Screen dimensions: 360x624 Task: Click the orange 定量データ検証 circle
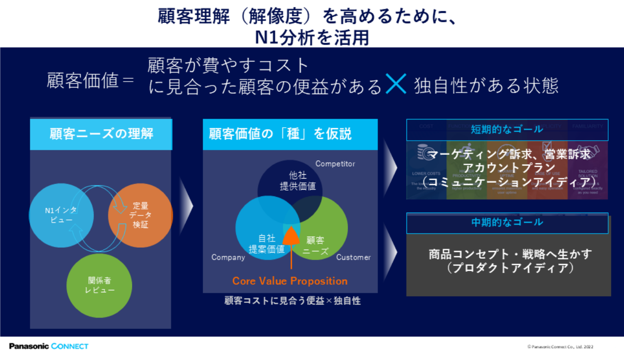(140, 215)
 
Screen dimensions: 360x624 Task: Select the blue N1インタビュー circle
(61, 215)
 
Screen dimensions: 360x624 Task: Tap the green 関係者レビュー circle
(99, 285)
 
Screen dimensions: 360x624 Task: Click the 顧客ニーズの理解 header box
(101, 133)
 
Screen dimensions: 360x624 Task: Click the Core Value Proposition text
(290, 281)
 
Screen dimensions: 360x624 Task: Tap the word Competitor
(335, 164)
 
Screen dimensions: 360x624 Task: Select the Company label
(228, 257)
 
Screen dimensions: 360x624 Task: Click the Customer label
(353, 257)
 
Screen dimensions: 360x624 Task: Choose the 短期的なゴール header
(507, 129)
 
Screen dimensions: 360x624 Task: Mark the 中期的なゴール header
(507, 222)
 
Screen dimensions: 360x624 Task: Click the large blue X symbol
(396, 85)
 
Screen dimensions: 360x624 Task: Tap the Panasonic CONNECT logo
(48, 346)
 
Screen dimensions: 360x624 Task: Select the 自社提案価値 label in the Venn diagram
(266, 244)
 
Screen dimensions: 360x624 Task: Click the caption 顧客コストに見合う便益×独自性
(292, 301)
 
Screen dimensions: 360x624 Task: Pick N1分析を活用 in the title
(312, 37)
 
